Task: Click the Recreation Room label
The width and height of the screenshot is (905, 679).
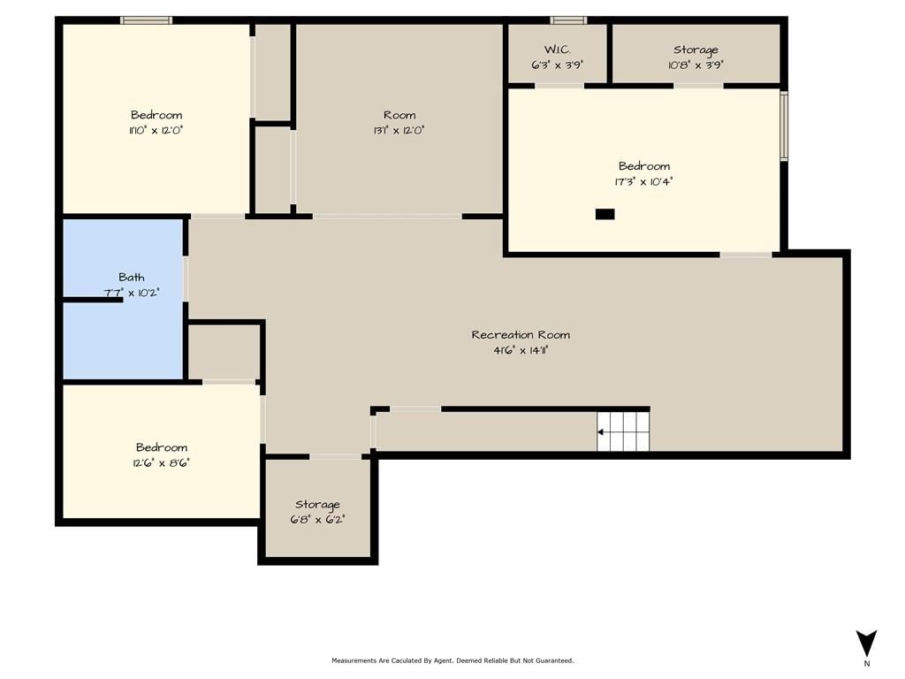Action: point(521,335)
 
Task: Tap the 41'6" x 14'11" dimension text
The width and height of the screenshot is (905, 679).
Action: point(521,350)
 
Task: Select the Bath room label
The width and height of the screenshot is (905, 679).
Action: point(132,277)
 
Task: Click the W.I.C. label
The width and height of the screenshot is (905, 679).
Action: point(558,50)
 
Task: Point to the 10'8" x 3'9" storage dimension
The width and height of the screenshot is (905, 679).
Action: point(696,65)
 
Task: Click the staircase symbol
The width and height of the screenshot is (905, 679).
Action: point(623,431)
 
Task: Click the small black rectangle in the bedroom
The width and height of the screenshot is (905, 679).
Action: point(605,214)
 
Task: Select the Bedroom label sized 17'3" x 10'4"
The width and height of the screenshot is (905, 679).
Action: point(644,166)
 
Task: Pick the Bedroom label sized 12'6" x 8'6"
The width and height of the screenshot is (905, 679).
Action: point(162,447)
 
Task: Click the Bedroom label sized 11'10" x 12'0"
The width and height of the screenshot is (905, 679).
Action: point(156,115)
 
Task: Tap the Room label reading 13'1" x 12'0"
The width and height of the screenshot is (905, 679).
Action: point(399,115)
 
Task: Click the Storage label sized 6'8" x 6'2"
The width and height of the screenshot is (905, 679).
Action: point(317,505)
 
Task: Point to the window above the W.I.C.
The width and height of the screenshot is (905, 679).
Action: point(568,20)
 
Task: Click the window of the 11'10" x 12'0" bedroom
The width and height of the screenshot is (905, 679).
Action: point(147,20)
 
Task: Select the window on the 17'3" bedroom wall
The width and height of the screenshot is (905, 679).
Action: point(784,126)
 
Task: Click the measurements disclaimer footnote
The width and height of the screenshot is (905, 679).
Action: point(452,660)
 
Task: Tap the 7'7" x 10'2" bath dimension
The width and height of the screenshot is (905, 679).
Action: point(132,293)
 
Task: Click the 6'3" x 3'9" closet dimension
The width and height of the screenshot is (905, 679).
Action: point(558,65)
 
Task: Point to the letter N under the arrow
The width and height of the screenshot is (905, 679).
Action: point(867,663)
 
